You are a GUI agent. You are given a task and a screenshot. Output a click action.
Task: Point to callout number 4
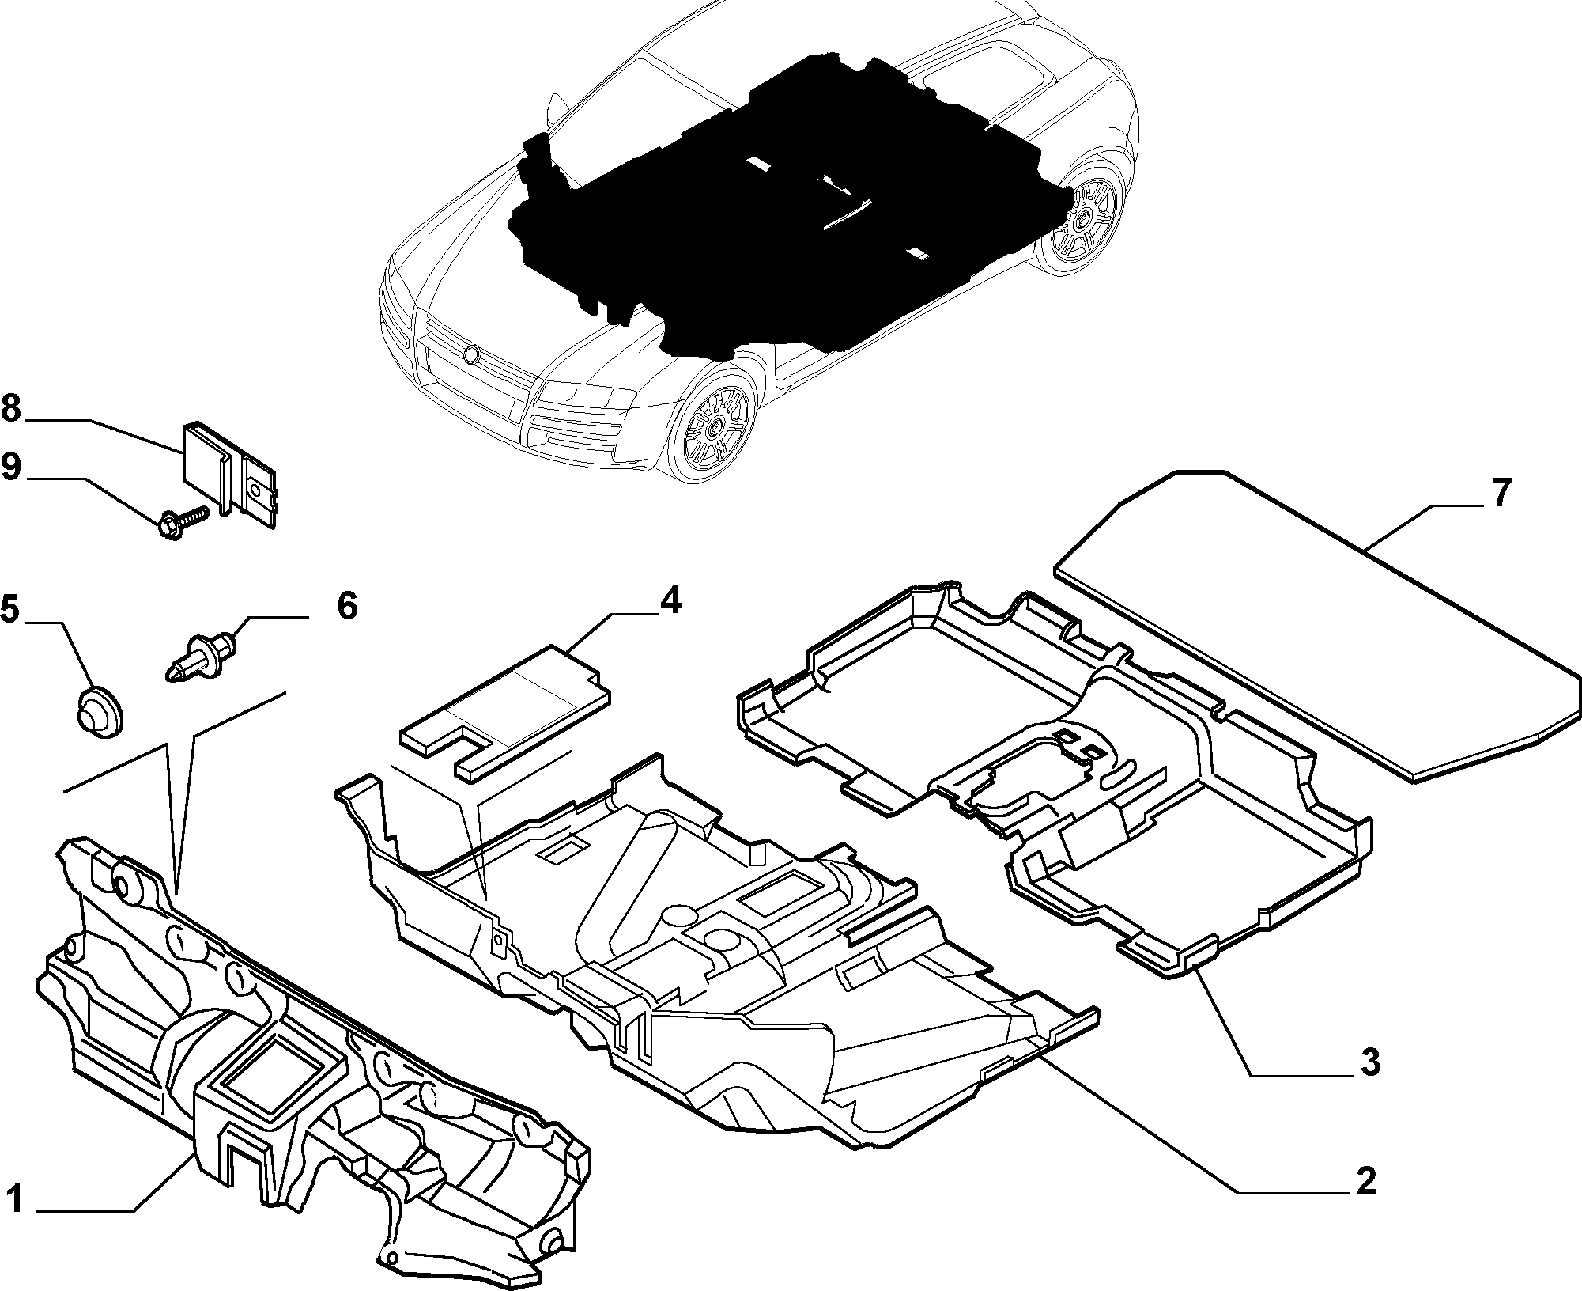tap(668, 600)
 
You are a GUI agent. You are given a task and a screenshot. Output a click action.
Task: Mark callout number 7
tap(1500, 494)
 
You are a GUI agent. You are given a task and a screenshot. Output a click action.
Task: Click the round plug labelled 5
tap(98, 711)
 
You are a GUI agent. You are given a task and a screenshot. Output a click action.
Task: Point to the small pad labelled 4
tap(506, 712)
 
